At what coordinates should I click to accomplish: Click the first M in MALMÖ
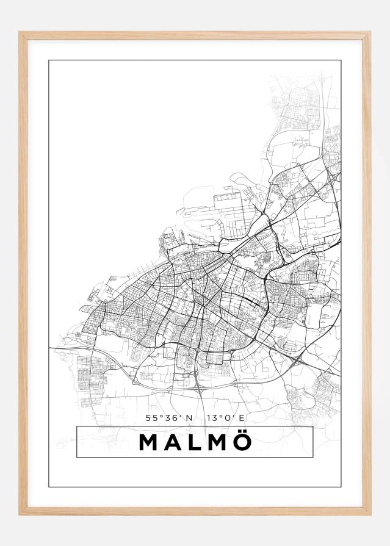point(150,442)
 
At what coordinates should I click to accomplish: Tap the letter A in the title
point(173,442)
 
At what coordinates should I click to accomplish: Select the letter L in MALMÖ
point(193,442)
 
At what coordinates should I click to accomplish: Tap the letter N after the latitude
point(189,418)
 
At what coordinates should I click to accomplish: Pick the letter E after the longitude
point(242,418)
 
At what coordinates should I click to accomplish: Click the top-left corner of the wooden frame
point(20,32)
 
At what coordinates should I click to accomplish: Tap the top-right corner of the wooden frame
point(370,32)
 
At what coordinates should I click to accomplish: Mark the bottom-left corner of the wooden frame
point(20,515)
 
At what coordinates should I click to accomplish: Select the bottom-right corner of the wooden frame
point(370,515)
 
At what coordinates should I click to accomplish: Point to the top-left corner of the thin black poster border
point(49,60)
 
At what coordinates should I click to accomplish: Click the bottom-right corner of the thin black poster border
point(341,487)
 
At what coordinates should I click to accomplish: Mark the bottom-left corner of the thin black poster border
point(49,487)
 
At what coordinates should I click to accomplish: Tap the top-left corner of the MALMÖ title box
point(77,426)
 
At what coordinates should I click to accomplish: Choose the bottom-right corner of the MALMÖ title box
point(312,457)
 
